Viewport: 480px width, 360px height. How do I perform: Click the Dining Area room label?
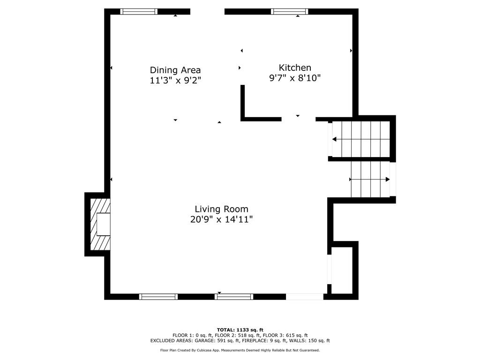[175, 70]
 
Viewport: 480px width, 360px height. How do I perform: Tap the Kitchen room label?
[295, 67]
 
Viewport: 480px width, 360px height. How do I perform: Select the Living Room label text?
[222, 209]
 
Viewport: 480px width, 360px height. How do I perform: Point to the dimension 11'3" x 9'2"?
[175, 81]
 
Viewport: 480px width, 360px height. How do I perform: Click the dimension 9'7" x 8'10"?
[295, 78]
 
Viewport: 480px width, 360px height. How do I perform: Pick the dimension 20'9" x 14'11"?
[222, 219]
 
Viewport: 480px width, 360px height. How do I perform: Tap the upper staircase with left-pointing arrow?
[361, 139]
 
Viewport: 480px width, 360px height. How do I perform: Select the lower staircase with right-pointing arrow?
[370, 179]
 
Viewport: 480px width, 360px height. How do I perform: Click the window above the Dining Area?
[139, 12]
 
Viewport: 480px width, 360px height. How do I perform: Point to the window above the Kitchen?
[289, 12]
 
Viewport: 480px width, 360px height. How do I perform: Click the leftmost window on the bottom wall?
[158, 296]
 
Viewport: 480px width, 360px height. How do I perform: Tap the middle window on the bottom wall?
[234, 296]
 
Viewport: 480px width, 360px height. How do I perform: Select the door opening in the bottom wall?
[305, 296]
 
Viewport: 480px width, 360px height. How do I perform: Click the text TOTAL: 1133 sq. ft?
[240, 330]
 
